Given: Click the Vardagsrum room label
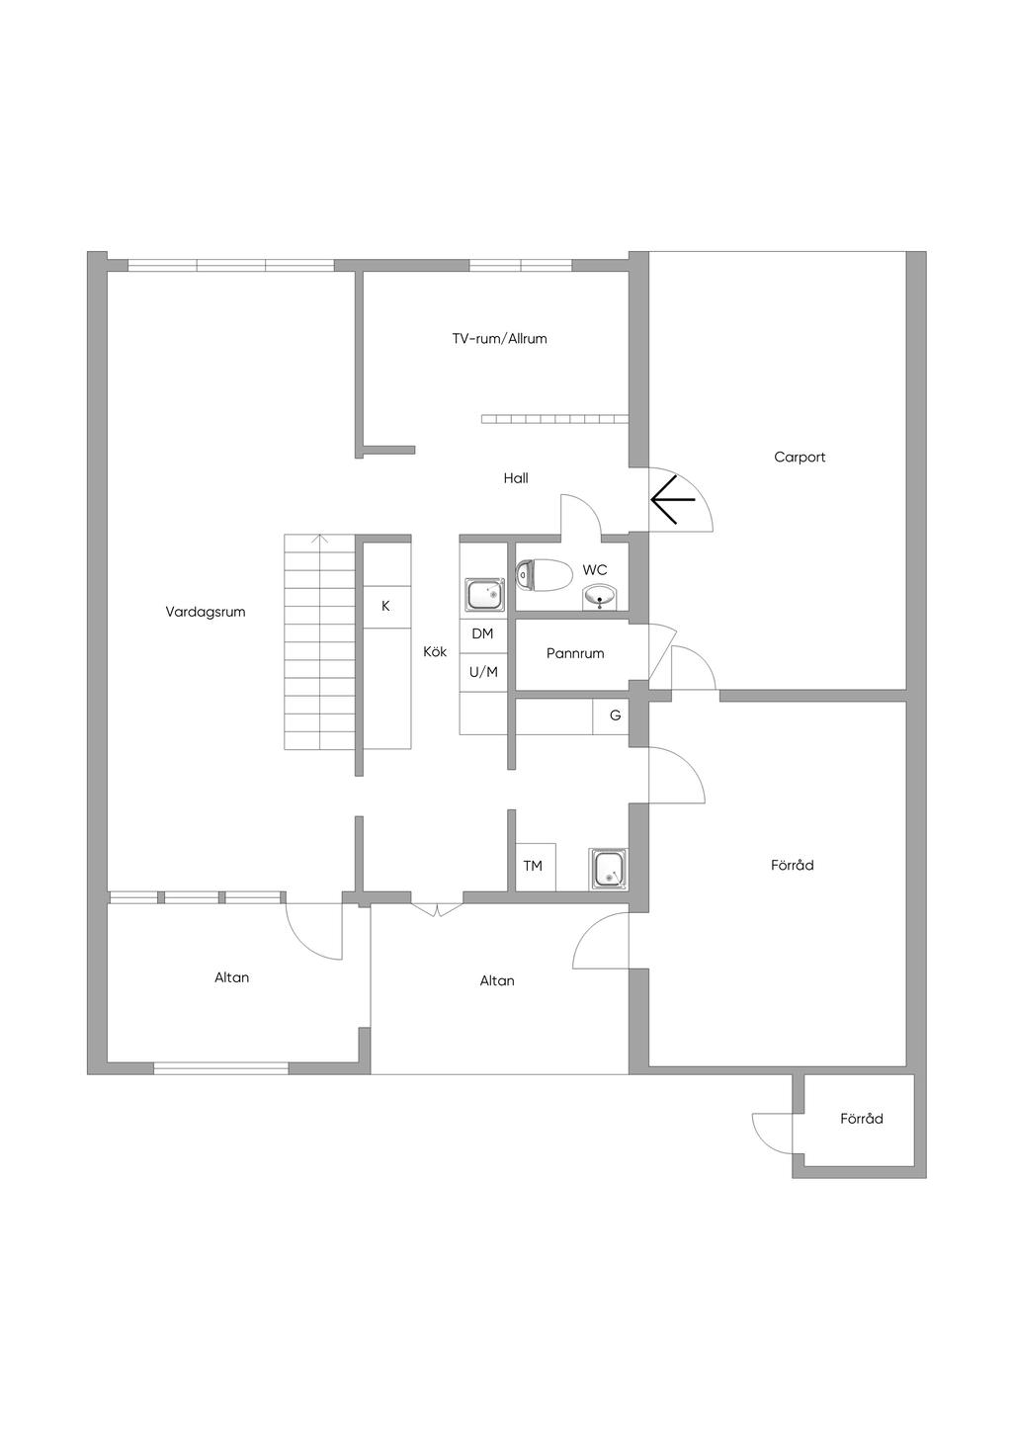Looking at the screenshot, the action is tap(206, 612).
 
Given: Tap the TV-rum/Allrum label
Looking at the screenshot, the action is tap(499, 339).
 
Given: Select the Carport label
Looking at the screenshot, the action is tap(800, 458).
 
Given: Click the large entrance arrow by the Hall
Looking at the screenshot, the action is tap(673, 499).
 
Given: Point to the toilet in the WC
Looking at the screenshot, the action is tap(544, 574).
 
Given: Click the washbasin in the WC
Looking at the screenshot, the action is tap(600, 597).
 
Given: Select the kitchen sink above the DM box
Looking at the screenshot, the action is tap(484, 595).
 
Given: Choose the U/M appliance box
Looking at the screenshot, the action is tap(483, 673).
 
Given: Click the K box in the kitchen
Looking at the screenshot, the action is tap(386, 606).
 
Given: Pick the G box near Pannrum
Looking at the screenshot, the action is tap(615, 716).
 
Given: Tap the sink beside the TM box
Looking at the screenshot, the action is tap(609, 869).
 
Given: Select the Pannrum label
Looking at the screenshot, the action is tap(575, 653).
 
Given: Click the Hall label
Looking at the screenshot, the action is tap(516, 478).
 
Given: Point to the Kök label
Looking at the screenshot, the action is tap(436, 652).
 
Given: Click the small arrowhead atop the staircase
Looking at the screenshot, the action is tap(319, 539).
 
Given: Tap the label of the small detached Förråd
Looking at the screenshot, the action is tap(861, 1119).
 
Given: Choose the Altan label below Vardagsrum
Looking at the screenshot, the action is tap(232, 977).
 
